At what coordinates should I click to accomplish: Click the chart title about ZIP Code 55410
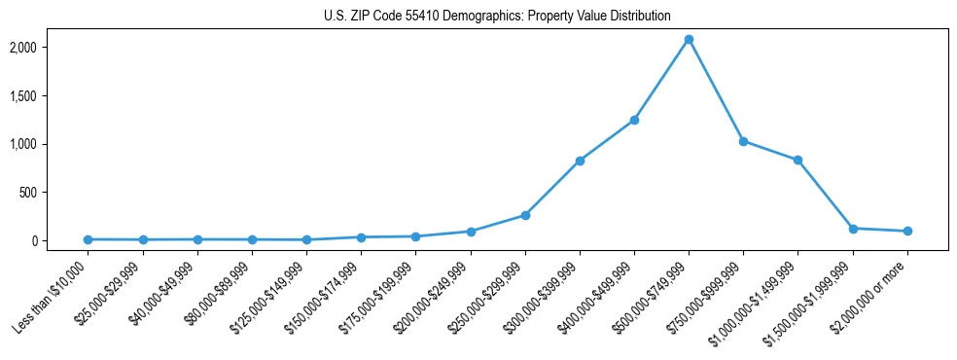[x=497, y=16]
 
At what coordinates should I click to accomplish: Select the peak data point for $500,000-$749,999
[x=689, y=40]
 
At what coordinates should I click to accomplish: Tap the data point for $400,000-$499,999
[x=634, y=120]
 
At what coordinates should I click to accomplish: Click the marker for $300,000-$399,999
[x=580, y=161]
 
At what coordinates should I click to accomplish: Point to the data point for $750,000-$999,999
[x=743, y=141]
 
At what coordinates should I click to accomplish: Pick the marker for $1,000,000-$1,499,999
[x=797, y=160]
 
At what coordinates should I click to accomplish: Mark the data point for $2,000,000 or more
[x=906, y=231]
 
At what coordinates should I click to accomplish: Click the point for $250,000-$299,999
[x=525, y=215]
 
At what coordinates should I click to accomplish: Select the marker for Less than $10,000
[x=88, y=239]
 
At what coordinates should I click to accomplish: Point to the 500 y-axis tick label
[x=56, y=193]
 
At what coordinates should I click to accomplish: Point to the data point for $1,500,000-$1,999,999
[x=852, y=229]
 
